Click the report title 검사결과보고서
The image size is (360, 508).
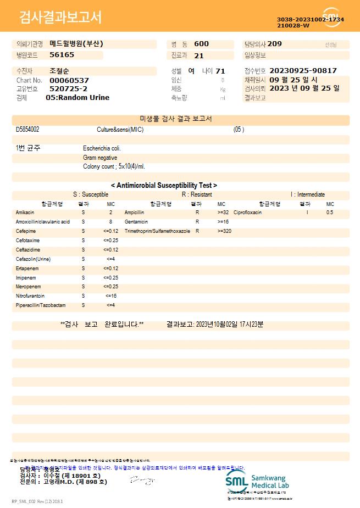[60, 18]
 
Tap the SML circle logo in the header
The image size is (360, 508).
[331, 18]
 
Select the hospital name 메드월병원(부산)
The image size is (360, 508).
[76, 44]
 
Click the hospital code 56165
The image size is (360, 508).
[62, 55]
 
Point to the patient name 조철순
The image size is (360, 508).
[60, 71]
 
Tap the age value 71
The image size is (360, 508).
[220, 71]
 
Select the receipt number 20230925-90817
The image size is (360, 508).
[303, 71]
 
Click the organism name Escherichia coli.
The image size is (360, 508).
[102, 148]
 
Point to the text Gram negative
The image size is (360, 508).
[100, 158]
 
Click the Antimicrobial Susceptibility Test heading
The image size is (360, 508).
[164, 186]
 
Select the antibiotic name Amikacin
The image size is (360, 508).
[25, 212]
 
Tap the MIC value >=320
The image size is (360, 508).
[224, 231]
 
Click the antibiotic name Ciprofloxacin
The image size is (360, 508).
[247, 212]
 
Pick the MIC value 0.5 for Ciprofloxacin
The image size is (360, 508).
[330, 212]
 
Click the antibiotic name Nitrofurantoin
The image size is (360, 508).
[30, 296]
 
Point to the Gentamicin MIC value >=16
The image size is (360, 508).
[223, 221]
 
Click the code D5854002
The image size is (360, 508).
[27, 130]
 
